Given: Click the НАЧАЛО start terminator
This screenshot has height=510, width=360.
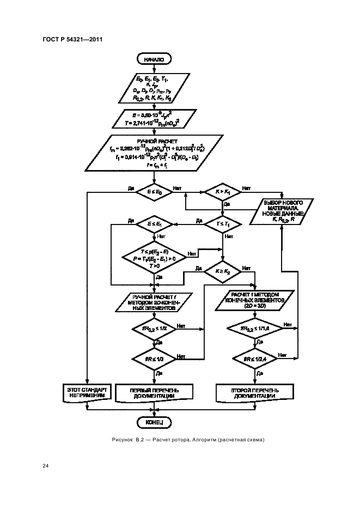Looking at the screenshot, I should [x=155, y=58].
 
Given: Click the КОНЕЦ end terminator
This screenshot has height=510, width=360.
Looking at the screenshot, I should [x=155, y=422].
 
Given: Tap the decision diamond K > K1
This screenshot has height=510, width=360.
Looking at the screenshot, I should [x=223, y=192].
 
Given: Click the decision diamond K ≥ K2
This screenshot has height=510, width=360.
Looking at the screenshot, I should [x=223, y=271].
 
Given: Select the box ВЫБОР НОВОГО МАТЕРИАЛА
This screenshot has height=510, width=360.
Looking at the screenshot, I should [x=279, y=211].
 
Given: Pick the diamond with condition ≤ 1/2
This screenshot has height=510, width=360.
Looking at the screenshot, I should [x=155, y=329].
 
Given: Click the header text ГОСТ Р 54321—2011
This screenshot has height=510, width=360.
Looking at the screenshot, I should [x=72, y=39].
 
